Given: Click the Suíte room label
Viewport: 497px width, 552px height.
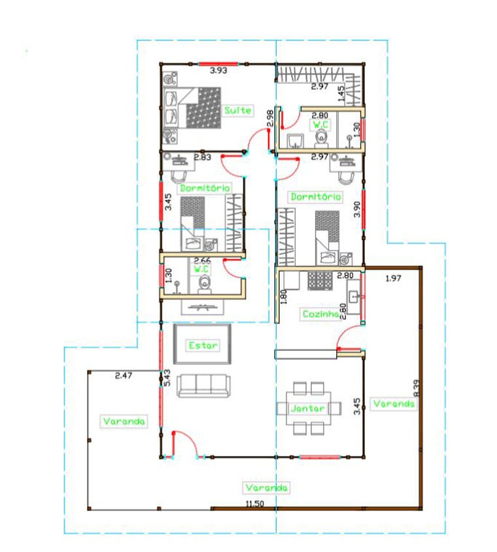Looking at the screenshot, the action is pyautogui.click(x=238, y=110).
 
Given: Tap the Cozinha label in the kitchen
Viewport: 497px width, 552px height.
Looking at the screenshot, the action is pyautogui.click(x=320, y=314).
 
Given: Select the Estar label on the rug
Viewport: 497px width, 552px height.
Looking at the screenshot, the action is pyautogui.click(x=203, y=346).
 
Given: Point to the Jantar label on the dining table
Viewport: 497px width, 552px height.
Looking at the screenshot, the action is pyautogui.click(x=308, y=408).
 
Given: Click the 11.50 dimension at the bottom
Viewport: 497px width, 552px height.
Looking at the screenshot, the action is pyautogui.click(x=254, y=504).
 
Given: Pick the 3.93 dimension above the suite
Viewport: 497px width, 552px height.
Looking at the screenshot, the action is pyautogui.click(x=218, y=71).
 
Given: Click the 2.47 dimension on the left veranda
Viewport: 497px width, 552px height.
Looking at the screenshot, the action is pyautogui.click(x=124, y=376).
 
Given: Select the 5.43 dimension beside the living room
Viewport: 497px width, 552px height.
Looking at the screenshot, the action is pyautogui.click(x=167, y=378).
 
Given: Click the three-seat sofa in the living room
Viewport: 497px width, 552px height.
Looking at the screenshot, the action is pyautogui.click(x=203, y=385).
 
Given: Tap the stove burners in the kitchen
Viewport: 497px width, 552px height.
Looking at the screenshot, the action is pyautogui.click(x=320, y=281).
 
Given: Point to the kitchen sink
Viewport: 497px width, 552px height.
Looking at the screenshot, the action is pyautogui.click(x=354, y=297).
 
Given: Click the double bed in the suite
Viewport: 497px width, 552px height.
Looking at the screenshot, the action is pyautogui.click(x=192, y=108).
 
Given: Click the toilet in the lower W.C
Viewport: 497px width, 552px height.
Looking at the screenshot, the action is pyautogui.click(x=204, y=284).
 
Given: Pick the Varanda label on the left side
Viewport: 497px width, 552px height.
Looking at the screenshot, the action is pyautogui.click(x=124, y=421).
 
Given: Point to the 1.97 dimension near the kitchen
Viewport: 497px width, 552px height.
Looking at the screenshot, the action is pyautogui.click(x=394, y=278).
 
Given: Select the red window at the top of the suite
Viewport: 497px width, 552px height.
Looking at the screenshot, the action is pyautogui.click(x=218, y=64).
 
